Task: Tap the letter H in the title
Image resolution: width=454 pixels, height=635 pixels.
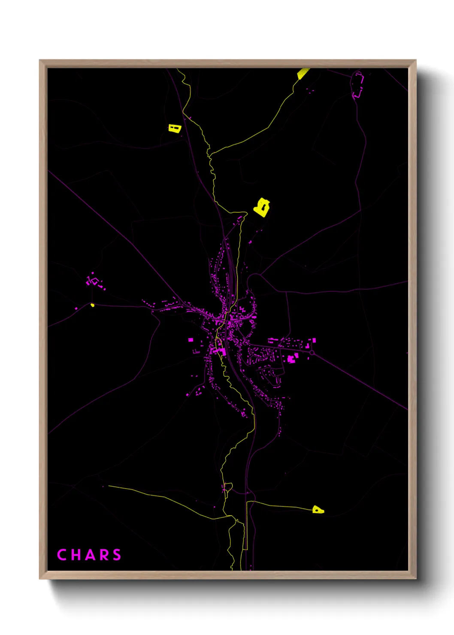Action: pos(76,555)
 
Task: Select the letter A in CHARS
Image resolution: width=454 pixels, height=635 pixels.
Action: pos(89,555)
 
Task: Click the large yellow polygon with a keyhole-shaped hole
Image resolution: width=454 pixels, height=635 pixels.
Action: pos(261,208)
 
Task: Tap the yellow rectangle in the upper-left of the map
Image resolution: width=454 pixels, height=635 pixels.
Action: pos(174,128)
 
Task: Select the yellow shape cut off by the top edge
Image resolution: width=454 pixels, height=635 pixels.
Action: pos(303,73)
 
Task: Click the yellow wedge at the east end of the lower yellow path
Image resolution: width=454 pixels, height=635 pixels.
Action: pos(318,510)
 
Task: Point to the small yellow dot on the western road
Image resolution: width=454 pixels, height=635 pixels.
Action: pos(92,305)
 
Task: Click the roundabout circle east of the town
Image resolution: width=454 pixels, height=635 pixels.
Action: pos(312,353)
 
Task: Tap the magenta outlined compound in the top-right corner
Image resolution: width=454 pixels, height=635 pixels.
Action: pos(357,85)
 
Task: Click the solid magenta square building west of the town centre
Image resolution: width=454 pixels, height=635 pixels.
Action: pos(191,340)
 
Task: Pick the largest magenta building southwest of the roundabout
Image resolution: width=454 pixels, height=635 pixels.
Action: pos(291,359)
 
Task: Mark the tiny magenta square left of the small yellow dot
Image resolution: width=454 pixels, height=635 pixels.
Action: pos(76,308)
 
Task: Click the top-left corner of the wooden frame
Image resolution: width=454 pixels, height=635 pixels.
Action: pos(40,60)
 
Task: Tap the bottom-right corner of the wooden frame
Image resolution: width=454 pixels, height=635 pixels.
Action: pos(415,578)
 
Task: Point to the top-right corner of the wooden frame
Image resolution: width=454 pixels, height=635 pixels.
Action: pos(415,60)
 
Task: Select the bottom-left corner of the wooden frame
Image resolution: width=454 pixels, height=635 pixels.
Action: pos(40,578)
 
